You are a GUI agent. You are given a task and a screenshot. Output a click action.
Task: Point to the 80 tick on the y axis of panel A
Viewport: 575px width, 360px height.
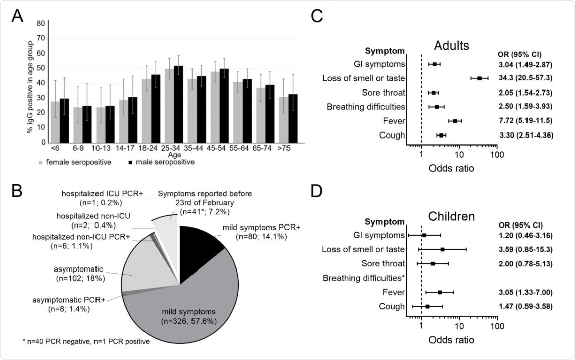click(40, 23)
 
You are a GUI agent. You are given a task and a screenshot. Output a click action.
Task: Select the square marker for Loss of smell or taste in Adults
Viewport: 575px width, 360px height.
click(480, 78)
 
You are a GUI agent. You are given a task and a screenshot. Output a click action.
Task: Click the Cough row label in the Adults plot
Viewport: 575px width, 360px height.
click(393, 136)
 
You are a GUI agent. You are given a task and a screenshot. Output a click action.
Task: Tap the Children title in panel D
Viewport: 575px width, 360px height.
click(451, 216)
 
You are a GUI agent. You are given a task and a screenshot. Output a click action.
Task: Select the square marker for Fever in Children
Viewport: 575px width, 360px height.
click(440, 292)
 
